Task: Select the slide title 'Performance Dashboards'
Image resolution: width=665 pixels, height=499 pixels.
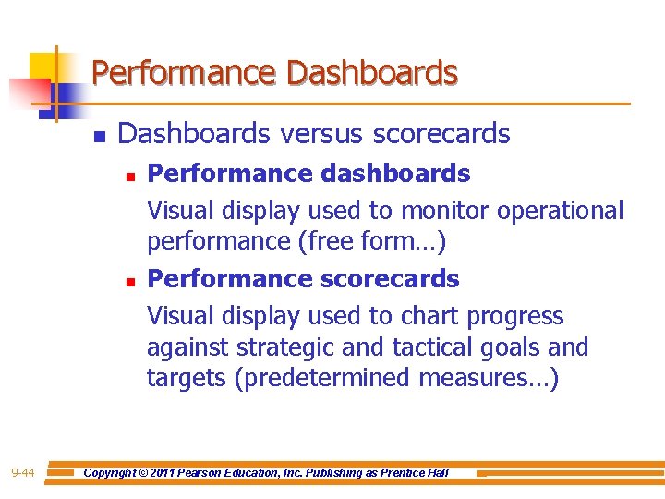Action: coord(274,73)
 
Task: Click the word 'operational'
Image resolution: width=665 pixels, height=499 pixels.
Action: coord(561,211)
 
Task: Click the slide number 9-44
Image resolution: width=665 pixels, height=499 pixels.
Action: coord(23,473)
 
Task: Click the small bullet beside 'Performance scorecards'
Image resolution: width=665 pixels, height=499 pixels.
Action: coord(131,279)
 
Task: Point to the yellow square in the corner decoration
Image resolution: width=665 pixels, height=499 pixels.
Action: coord(44,67)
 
